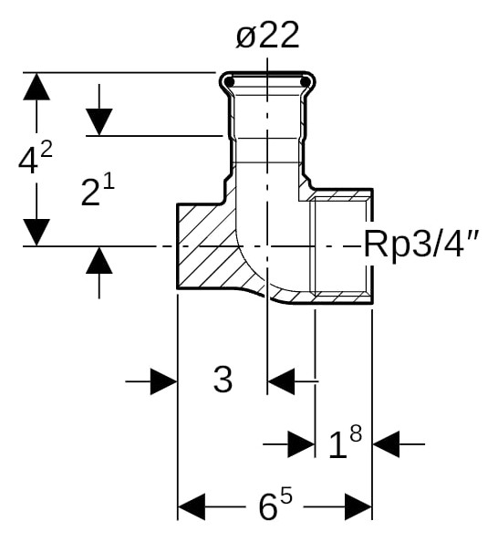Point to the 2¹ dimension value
98,192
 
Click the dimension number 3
223,380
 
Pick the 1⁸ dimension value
344,444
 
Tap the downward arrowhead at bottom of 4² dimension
36,232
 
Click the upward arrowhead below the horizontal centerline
99,261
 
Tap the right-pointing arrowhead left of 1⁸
301,444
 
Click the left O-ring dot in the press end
230,83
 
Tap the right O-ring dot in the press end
305,83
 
